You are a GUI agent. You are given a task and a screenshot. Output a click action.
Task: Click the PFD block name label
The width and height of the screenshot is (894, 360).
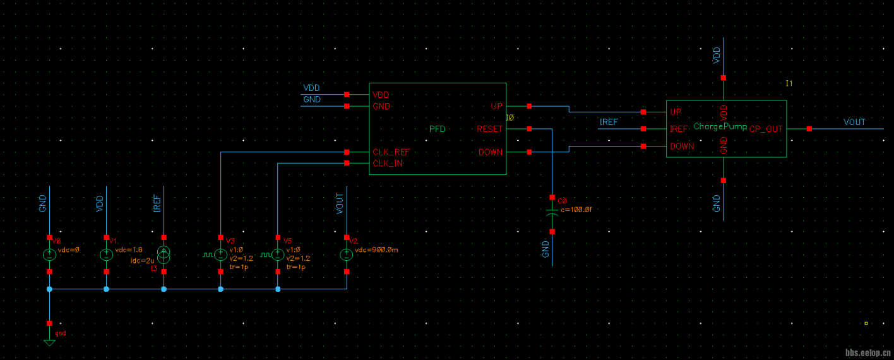click(438, 129)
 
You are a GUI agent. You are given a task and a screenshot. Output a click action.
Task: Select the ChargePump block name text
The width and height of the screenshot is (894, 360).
click(720, 127)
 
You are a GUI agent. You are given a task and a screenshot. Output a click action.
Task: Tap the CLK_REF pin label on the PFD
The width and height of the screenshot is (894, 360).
click(391, 152)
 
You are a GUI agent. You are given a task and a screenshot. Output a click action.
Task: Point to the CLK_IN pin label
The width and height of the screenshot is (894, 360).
click(388, 164)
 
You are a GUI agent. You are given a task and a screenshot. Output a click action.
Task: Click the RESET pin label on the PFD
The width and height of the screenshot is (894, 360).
click(490, 129)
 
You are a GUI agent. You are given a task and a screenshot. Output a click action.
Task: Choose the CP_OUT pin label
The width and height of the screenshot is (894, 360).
click(766, 129)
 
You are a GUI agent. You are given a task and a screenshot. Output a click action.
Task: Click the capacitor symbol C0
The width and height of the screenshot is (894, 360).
click(552, 215)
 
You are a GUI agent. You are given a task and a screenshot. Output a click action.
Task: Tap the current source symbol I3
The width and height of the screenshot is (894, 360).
click(164, 255)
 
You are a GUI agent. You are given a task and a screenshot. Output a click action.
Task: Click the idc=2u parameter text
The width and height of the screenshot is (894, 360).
click(142, 260)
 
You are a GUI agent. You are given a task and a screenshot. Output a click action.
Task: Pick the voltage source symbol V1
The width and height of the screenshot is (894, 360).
click(106, 255)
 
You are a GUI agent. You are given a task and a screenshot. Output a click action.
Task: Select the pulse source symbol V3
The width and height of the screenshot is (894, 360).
click(220, 255)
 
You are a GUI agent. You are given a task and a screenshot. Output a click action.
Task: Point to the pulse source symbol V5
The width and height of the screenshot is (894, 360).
click(278, 255)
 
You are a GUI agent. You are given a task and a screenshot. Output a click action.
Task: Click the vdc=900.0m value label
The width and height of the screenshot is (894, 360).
click(376, 249)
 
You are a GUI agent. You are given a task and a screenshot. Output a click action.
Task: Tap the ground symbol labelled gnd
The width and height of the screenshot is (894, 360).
click(49, 342)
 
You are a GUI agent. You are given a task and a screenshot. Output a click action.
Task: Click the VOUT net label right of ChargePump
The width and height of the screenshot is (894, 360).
click(854, 122)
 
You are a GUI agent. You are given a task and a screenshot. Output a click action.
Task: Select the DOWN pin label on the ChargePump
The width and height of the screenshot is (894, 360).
click(682, 147)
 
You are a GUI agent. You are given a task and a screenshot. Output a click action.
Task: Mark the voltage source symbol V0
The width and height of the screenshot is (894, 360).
click(49, 255)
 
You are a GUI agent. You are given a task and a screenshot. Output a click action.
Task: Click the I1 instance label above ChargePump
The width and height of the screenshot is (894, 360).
click(789, 83)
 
